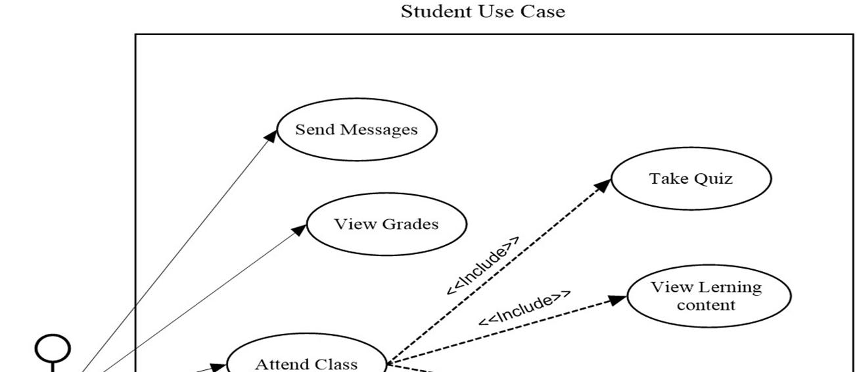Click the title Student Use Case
pos(482,11)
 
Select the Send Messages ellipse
pos(356,129)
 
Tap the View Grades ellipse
pos(386,224)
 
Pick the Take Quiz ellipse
pos(691,178)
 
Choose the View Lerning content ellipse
pos(708,296)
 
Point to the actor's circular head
pos(53,348)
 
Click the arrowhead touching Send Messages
pos(271,135)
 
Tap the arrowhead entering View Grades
pos(299,228)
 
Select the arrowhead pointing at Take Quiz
pos(603,185)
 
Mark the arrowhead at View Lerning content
pos(618,300)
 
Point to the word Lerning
pos(730,287)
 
